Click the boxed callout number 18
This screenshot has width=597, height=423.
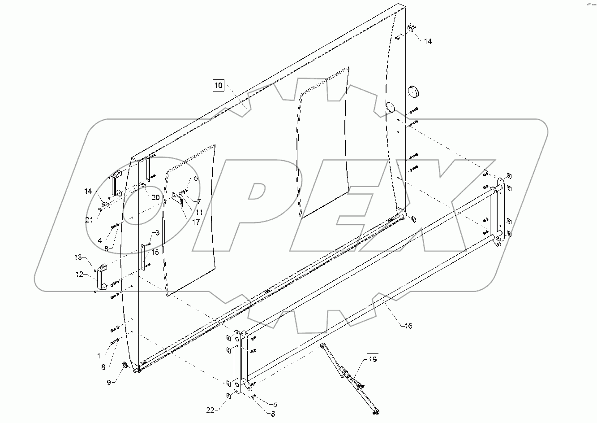(218, 85)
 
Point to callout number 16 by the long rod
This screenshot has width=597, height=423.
(408, 326)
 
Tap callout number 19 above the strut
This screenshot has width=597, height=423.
(373, 359)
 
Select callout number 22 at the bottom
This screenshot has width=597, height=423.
(211, 409)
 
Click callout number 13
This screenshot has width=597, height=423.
(78, 257)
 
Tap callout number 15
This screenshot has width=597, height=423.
(155, 252)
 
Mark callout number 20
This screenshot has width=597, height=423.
(155, 197)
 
